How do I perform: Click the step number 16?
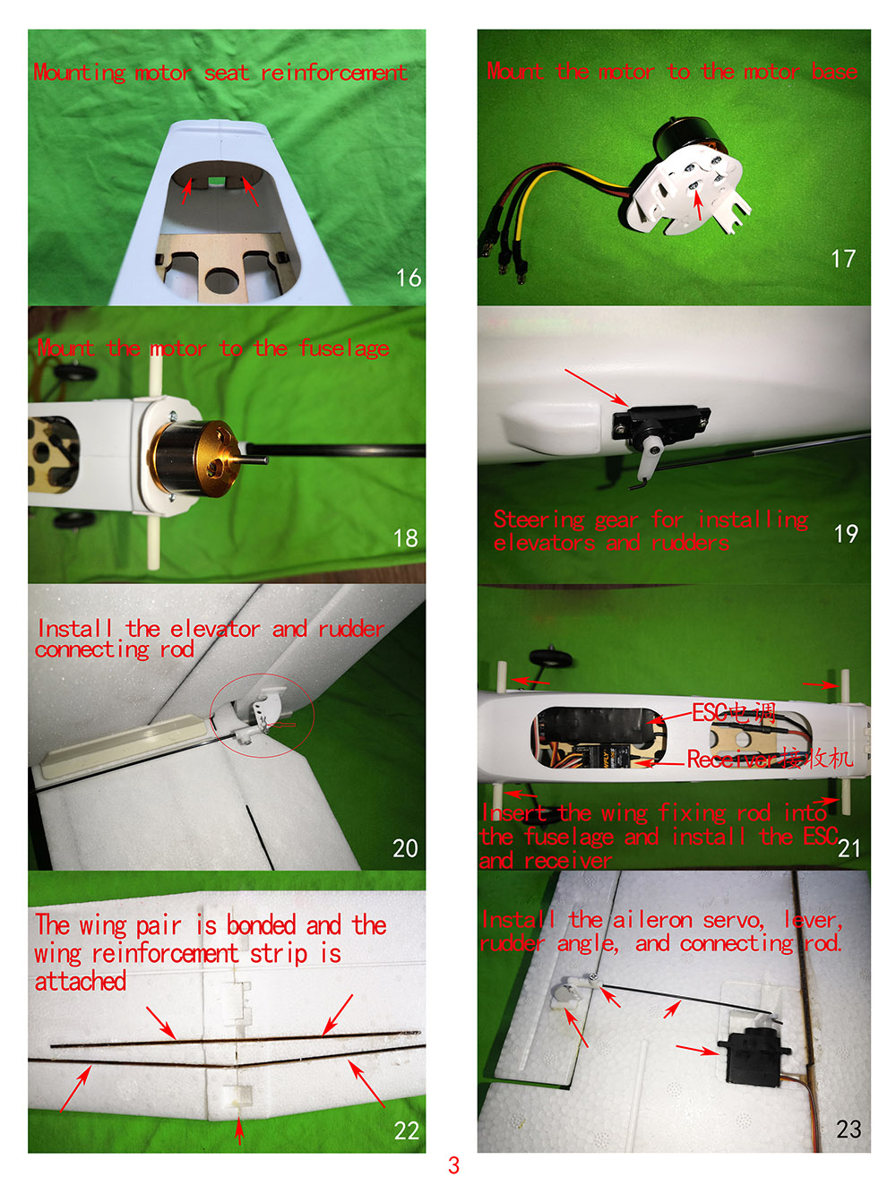click(x=408, y=278)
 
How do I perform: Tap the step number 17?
click(x=842, y=258)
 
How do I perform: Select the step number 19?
click(x=846, y=533)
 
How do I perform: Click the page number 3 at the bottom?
click(x=453, y=1164)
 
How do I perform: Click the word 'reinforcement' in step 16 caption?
click(x=333, y=73)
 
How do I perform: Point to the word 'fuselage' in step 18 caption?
click(x=344, y=348)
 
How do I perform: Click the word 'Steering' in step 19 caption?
click(x=539, y=520)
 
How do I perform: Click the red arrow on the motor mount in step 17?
click(x=698, y=204)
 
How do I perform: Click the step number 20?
click(x=405, y=848)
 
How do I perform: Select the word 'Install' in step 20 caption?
click(x=74, y=629)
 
